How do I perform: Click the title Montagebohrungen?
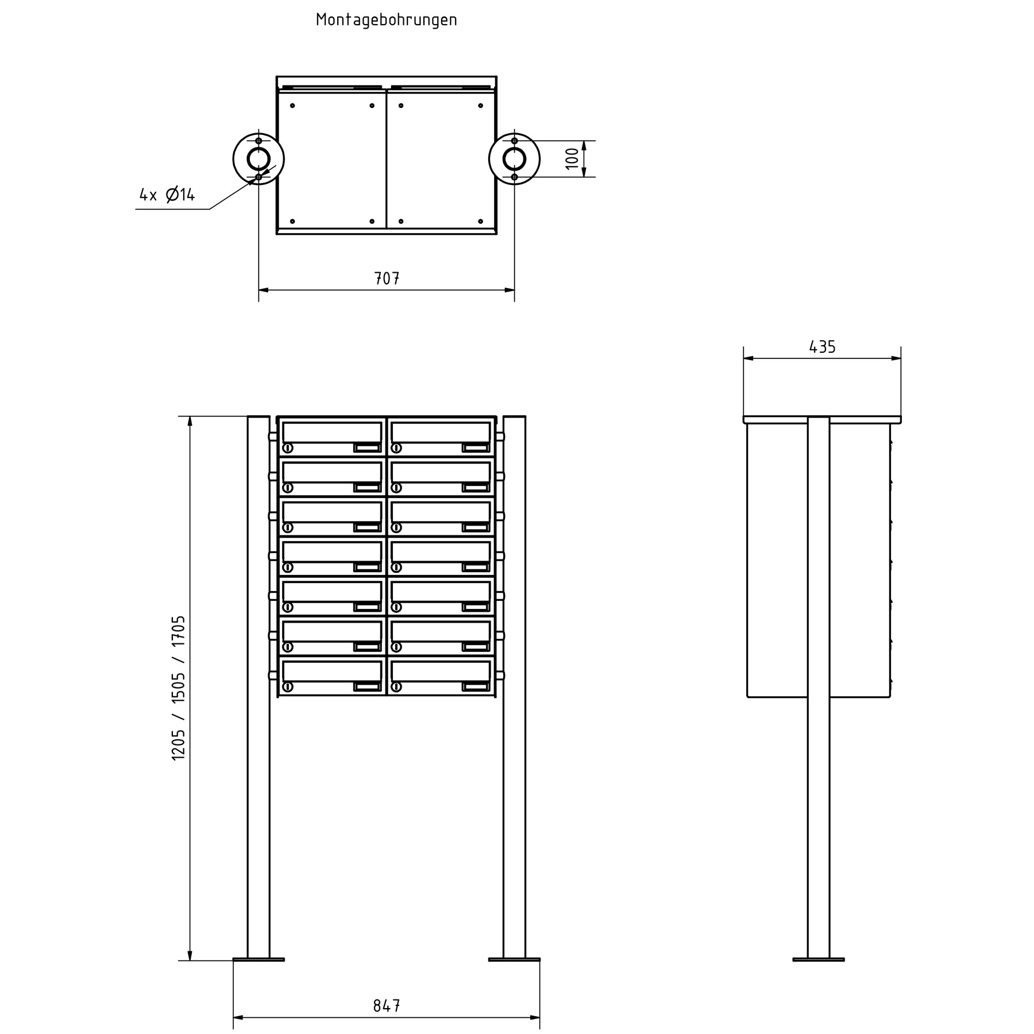click(x=387, y=20)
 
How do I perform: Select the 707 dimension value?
click(x=387, y=279)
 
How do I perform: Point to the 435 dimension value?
click(x=822, y=347)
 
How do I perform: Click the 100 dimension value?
click(x=572, y=159)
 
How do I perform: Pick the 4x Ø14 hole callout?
click(x=167, y=195)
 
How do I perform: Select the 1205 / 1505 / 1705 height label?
click(x=179, y=688)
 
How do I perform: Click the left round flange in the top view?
click(x=234, y=159)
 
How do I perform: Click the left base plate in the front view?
click(x=258, y=959)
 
